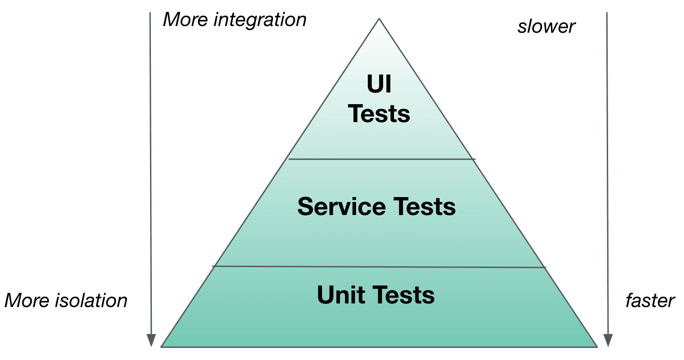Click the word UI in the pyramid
pyautogui.click(x=379, y=84)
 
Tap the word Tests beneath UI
pyautogui.click(x=379, y=114)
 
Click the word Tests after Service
pyautogui.click(x=425, y=206)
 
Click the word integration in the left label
pyautogui.click(x=260, y=20)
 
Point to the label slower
pyautogui.click(x=546, y=27)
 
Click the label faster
pyautogui.click(x=650, y=301)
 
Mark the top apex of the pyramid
pyautogui.click(x=379, y=19)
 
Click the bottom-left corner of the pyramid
pyautogui.click(x=162, y=346)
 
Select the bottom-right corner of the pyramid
pyautogui.click(x=596, y=346)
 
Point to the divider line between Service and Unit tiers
pyautogui.click(x=379, y=267)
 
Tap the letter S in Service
pyautogui.click(x=306, y=206)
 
